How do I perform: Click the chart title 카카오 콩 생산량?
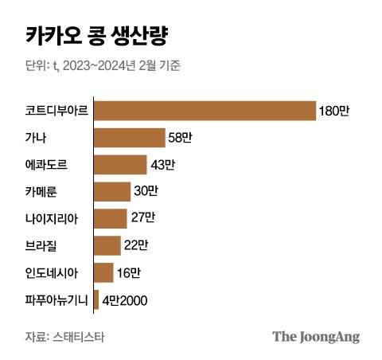coord(90,36)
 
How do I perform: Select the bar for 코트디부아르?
coord(205,110)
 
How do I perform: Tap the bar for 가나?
coord(129,137)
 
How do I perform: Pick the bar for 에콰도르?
coord(120,164)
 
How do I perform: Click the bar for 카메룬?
coord(112,191)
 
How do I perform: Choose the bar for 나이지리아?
coord(111,218)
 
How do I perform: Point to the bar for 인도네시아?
coord(103,272)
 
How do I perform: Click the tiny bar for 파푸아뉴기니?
coord(96,299)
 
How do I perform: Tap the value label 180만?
coord(333,110)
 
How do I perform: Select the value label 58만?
coord(180,138)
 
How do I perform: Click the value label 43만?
coord(162,165)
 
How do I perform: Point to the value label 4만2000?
coord(125,300)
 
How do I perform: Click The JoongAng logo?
coord(316,336)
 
